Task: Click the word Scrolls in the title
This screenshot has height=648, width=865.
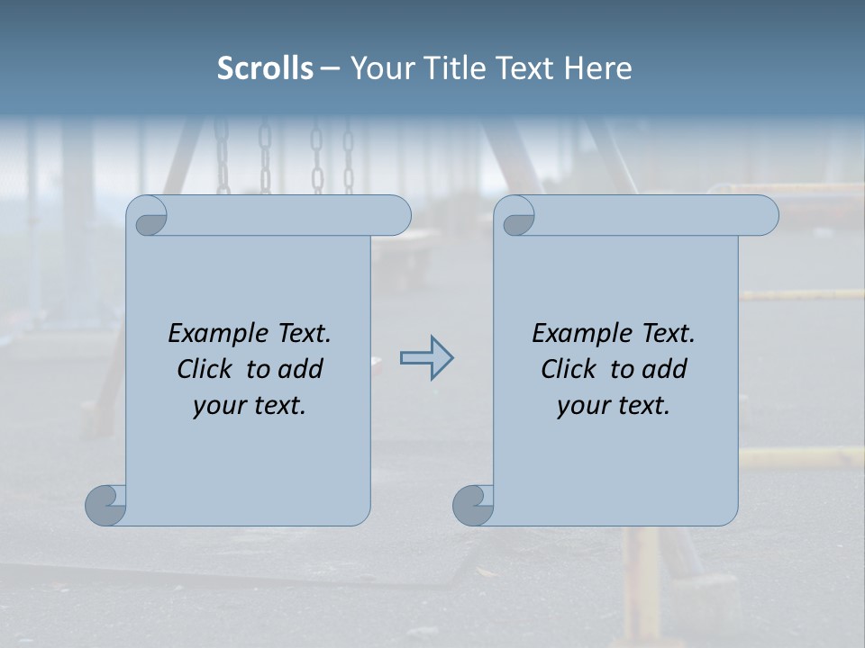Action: [265, 67]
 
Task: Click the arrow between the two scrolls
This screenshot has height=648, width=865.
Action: [426, 358]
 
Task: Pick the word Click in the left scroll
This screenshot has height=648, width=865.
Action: [206, 370]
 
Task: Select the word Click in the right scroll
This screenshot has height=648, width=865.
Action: [569, 370]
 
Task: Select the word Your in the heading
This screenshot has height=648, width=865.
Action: [378, 67]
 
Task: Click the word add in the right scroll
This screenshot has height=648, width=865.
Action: [663, 370]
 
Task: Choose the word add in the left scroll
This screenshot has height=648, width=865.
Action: [299, 370]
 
